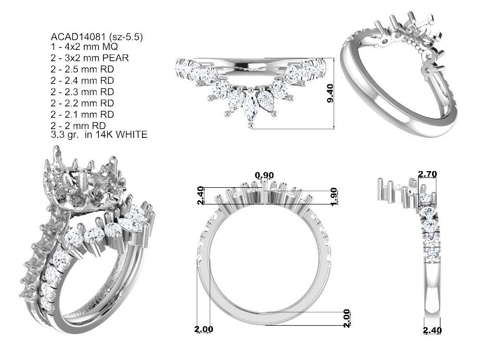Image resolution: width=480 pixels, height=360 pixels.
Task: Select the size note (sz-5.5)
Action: tap(125, 37)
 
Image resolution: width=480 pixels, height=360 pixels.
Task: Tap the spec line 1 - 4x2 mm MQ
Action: tap(84, 47)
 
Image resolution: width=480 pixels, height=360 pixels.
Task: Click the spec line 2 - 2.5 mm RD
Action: tap(82, 69)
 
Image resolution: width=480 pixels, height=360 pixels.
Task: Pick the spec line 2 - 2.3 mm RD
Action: tap(82, 92)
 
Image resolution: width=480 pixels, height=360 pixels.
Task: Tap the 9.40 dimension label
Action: tap(330, 93)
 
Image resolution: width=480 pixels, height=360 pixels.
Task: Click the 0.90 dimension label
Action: tap(264, 175)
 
